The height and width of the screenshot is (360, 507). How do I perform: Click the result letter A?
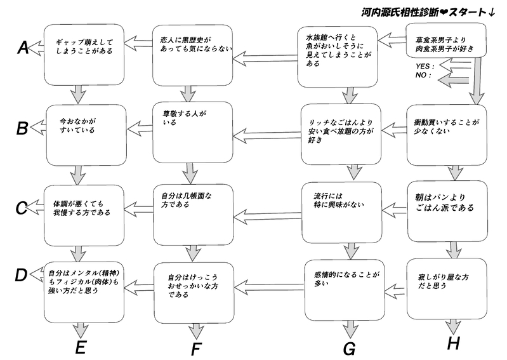click(x=22, y=48)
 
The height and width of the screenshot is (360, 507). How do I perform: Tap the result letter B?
click(x=22, y=128)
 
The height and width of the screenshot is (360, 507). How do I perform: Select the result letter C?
click(x=21, y=208)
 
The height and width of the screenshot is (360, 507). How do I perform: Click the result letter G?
click(x=350, y=348)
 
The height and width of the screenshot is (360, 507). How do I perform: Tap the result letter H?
click(x=453, y=344)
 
